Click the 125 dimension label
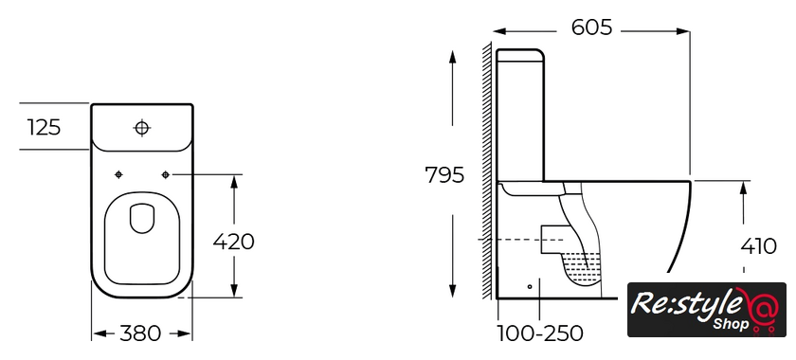44,127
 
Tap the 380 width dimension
140,333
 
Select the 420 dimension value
233,242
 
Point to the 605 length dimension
592,27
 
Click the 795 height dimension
444,175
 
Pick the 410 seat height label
758,246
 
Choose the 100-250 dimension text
539,333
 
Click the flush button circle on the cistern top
141,128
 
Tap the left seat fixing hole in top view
118,174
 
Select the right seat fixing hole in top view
165,174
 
